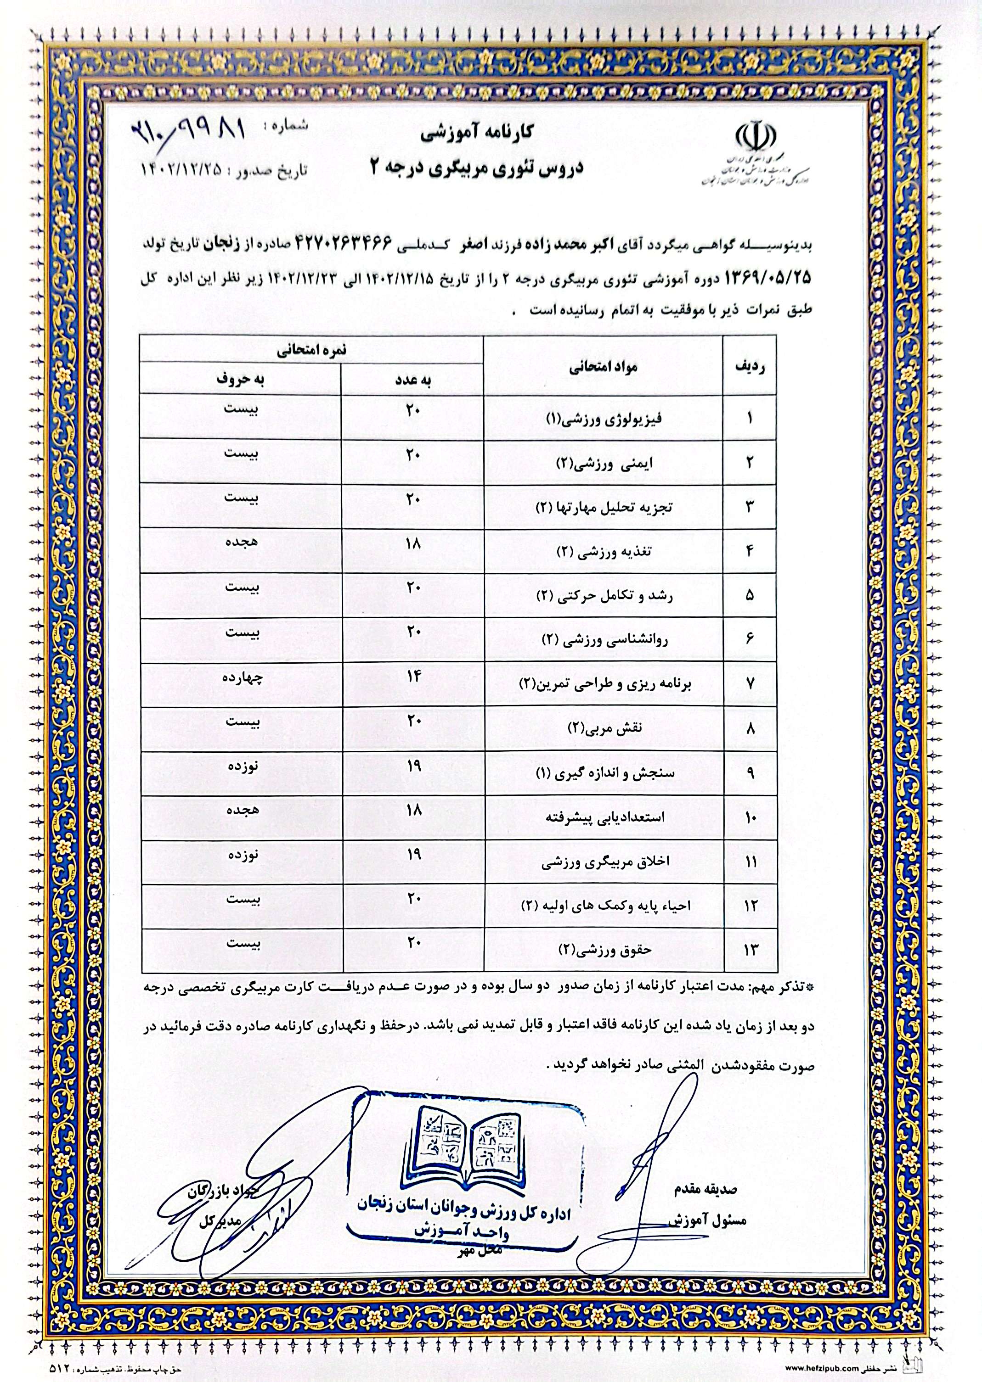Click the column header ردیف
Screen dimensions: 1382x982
coord(750,367)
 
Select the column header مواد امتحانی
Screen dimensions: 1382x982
coord(603,367)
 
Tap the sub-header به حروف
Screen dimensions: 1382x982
coord(241,380)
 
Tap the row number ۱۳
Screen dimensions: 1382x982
coord(750,949)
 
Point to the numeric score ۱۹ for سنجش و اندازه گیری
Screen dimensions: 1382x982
coord(413,766)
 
